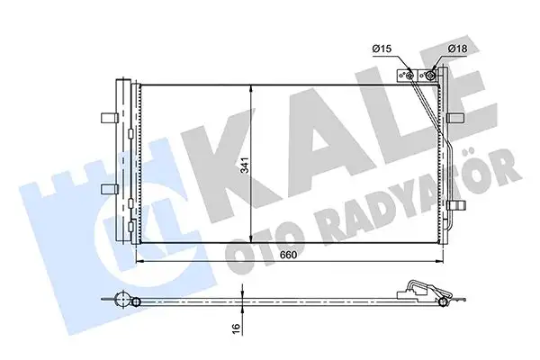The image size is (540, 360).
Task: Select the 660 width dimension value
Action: coord(286,255)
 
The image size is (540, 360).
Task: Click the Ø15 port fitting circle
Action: coord(413,76)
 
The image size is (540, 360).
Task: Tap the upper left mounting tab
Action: coord(107,115)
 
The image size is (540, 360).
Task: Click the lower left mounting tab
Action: coord(107,187)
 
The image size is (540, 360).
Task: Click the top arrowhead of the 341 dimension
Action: coord(250,86)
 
